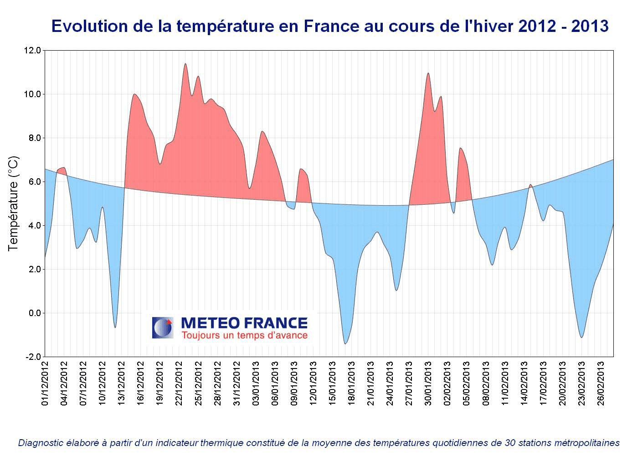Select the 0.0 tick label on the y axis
(x=34, y=313)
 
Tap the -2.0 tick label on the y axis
(x=33, y=357)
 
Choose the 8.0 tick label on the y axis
(x=34, y=138)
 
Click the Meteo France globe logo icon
(x=163, y=327)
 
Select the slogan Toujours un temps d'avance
(x=244, y=336)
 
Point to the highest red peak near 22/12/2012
(x=185, y=64)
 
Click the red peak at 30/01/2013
(x=428, y=74)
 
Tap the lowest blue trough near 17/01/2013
(x=345, y=343)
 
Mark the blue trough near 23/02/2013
(x=581, y=337)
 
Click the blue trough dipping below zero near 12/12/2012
(x=115, y=327)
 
